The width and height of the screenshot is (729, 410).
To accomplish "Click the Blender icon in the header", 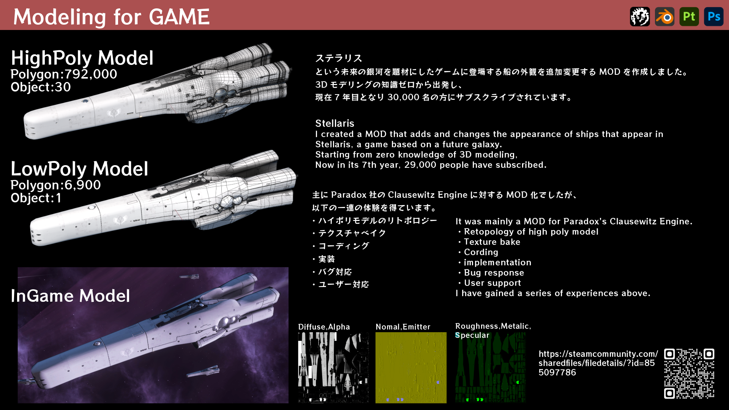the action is [x=664, y=17].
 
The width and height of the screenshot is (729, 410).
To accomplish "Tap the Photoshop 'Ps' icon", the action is [x=713, y=17].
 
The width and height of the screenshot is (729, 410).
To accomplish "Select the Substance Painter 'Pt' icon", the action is [x=689, y=17].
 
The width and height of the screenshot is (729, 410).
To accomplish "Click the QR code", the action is [x=689, y=374].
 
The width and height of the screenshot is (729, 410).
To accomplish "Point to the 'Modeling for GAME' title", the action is [x=111, y=17].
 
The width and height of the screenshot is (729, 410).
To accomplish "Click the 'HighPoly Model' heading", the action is [x=82, y=58].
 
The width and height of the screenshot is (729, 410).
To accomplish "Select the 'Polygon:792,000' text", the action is [x=64, y=74].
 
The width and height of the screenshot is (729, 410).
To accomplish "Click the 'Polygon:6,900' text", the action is [x=55, y=185].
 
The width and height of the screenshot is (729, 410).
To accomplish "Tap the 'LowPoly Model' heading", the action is [x=79, y=169].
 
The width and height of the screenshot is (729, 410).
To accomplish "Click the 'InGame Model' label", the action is [x=70, y=296].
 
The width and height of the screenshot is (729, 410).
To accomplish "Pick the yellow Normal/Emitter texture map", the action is [x=411, y=367].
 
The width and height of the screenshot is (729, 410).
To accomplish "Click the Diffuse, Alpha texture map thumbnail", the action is [x=333, y=367].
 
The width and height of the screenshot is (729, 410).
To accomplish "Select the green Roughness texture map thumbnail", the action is [x=491, y=367].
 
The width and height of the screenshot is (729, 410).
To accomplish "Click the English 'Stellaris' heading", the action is [x=335, y=123].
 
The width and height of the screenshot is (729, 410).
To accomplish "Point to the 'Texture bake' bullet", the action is [x=492, y=242].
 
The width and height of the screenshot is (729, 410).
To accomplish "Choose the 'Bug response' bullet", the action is [x=494, y=273].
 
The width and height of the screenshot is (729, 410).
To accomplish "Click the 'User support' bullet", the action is [x=492, y=283].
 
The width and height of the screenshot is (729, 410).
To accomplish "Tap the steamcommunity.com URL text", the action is [x=598, y=363].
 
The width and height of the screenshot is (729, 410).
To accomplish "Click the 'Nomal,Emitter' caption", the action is [x=403, y=327].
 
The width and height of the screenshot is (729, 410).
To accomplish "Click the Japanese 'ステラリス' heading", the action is [x=339, y=58].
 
